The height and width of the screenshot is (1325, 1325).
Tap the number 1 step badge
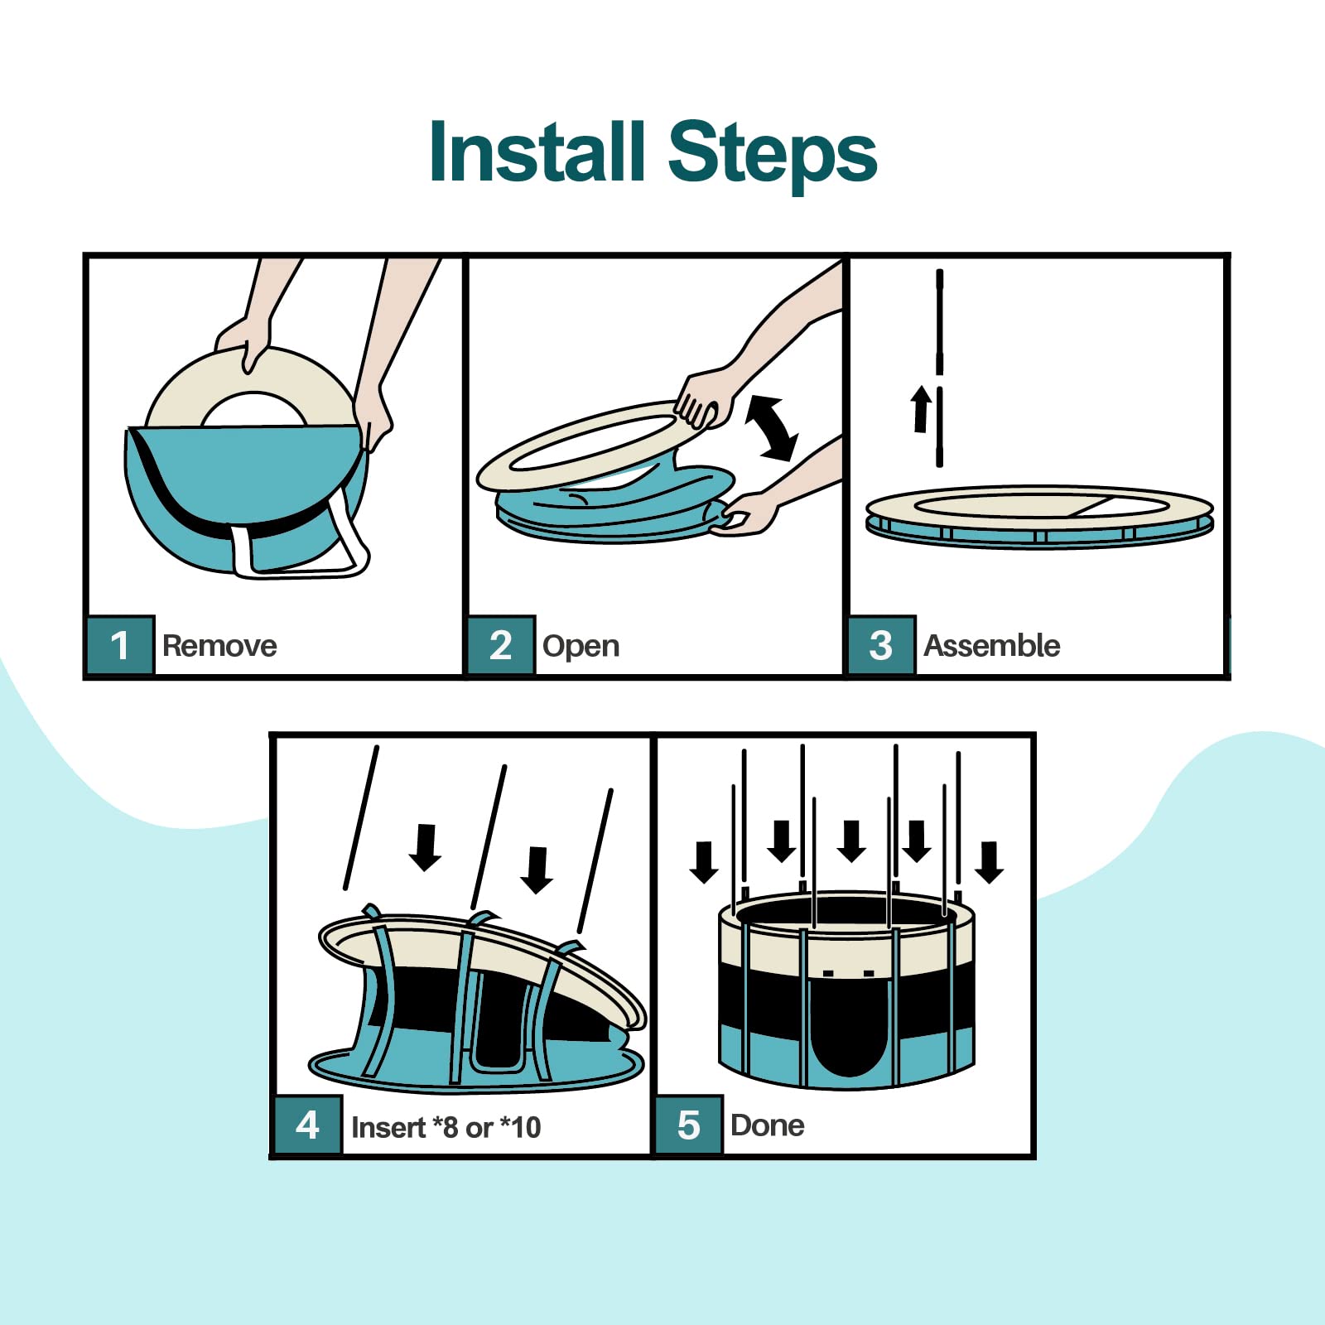(x=120, y=645)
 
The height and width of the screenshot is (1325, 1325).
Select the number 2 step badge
(x=501, y=645)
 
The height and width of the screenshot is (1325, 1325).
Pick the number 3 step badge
(x=882, y=645)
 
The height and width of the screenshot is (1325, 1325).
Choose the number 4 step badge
(x=307, y=1125)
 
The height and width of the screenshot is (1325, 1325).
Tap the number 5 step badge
(x=689, y=1125)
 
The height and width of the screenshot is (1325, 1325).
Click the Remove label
(x=219, y=645)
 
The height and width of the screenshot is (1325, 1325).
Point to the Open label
(x=581, y=646)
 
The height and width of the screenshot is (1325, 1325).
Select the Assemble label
(x=992, y=645)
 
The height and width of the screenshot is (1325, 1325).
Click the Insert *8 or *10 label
(x=446, y=1127)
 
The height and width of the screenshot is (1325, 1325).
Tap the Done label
(x=767, y=1125)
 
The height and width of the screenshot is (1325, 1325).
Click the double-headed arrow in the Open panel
(x=772, y=427)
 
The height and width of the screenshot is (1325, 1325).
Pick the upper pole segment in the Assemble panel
(x=940, y=321)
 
